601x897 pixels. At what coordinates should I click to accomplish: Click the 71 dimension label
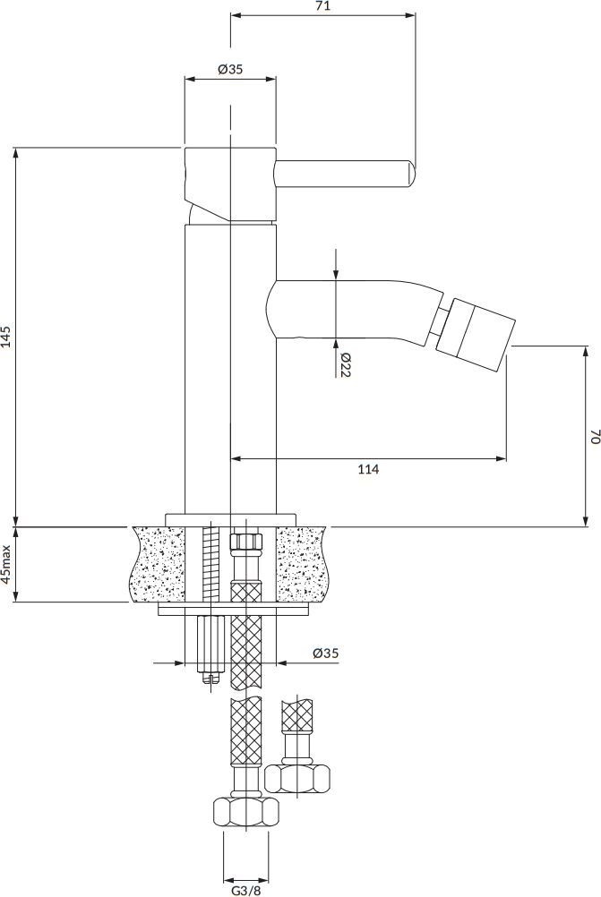pyautogui.click(x=322, y=7)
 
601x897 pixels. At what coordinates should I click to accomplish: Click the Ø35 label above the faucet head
pyautogui.click(x=230, y=69)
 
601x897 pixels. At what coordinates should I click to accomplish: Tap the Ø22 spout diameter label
pyautogui.click(x=345, y=365)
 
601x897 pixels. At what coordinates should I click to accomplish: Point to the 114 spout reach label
pyautogui.click(x=369, y=470)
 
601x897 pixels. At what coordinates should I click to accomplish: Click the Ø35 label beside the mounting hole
pyautogui.click(x=326, y=653)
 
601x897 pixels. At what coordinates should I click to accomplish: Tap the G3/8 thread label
pyautogui.click(x=246, y=891)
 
